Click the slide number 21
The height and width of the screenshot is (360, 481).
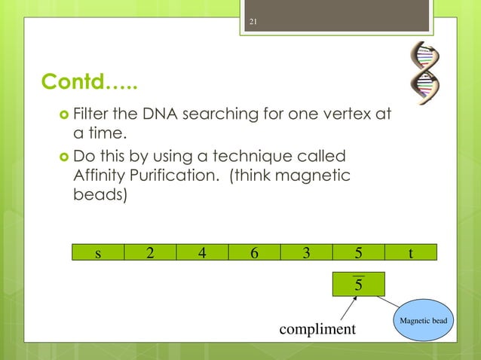click(253, 20)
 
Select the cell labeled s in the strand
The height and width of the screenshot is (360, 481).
click(98, 252)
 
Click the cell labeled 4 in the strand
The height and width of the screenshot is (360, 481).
click(201, 252)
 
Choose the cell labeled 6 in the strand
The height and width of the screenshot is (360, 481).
click(253, 252)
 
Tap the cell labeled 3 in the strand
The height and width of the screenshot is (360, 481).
click(305, 252)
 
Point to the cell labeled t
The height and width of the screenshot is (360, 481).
click(410, 252)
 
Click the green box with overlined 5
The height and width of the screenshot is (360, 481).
click(358, 285)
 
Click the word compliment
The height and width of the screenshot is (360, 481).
click(317, 330)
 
